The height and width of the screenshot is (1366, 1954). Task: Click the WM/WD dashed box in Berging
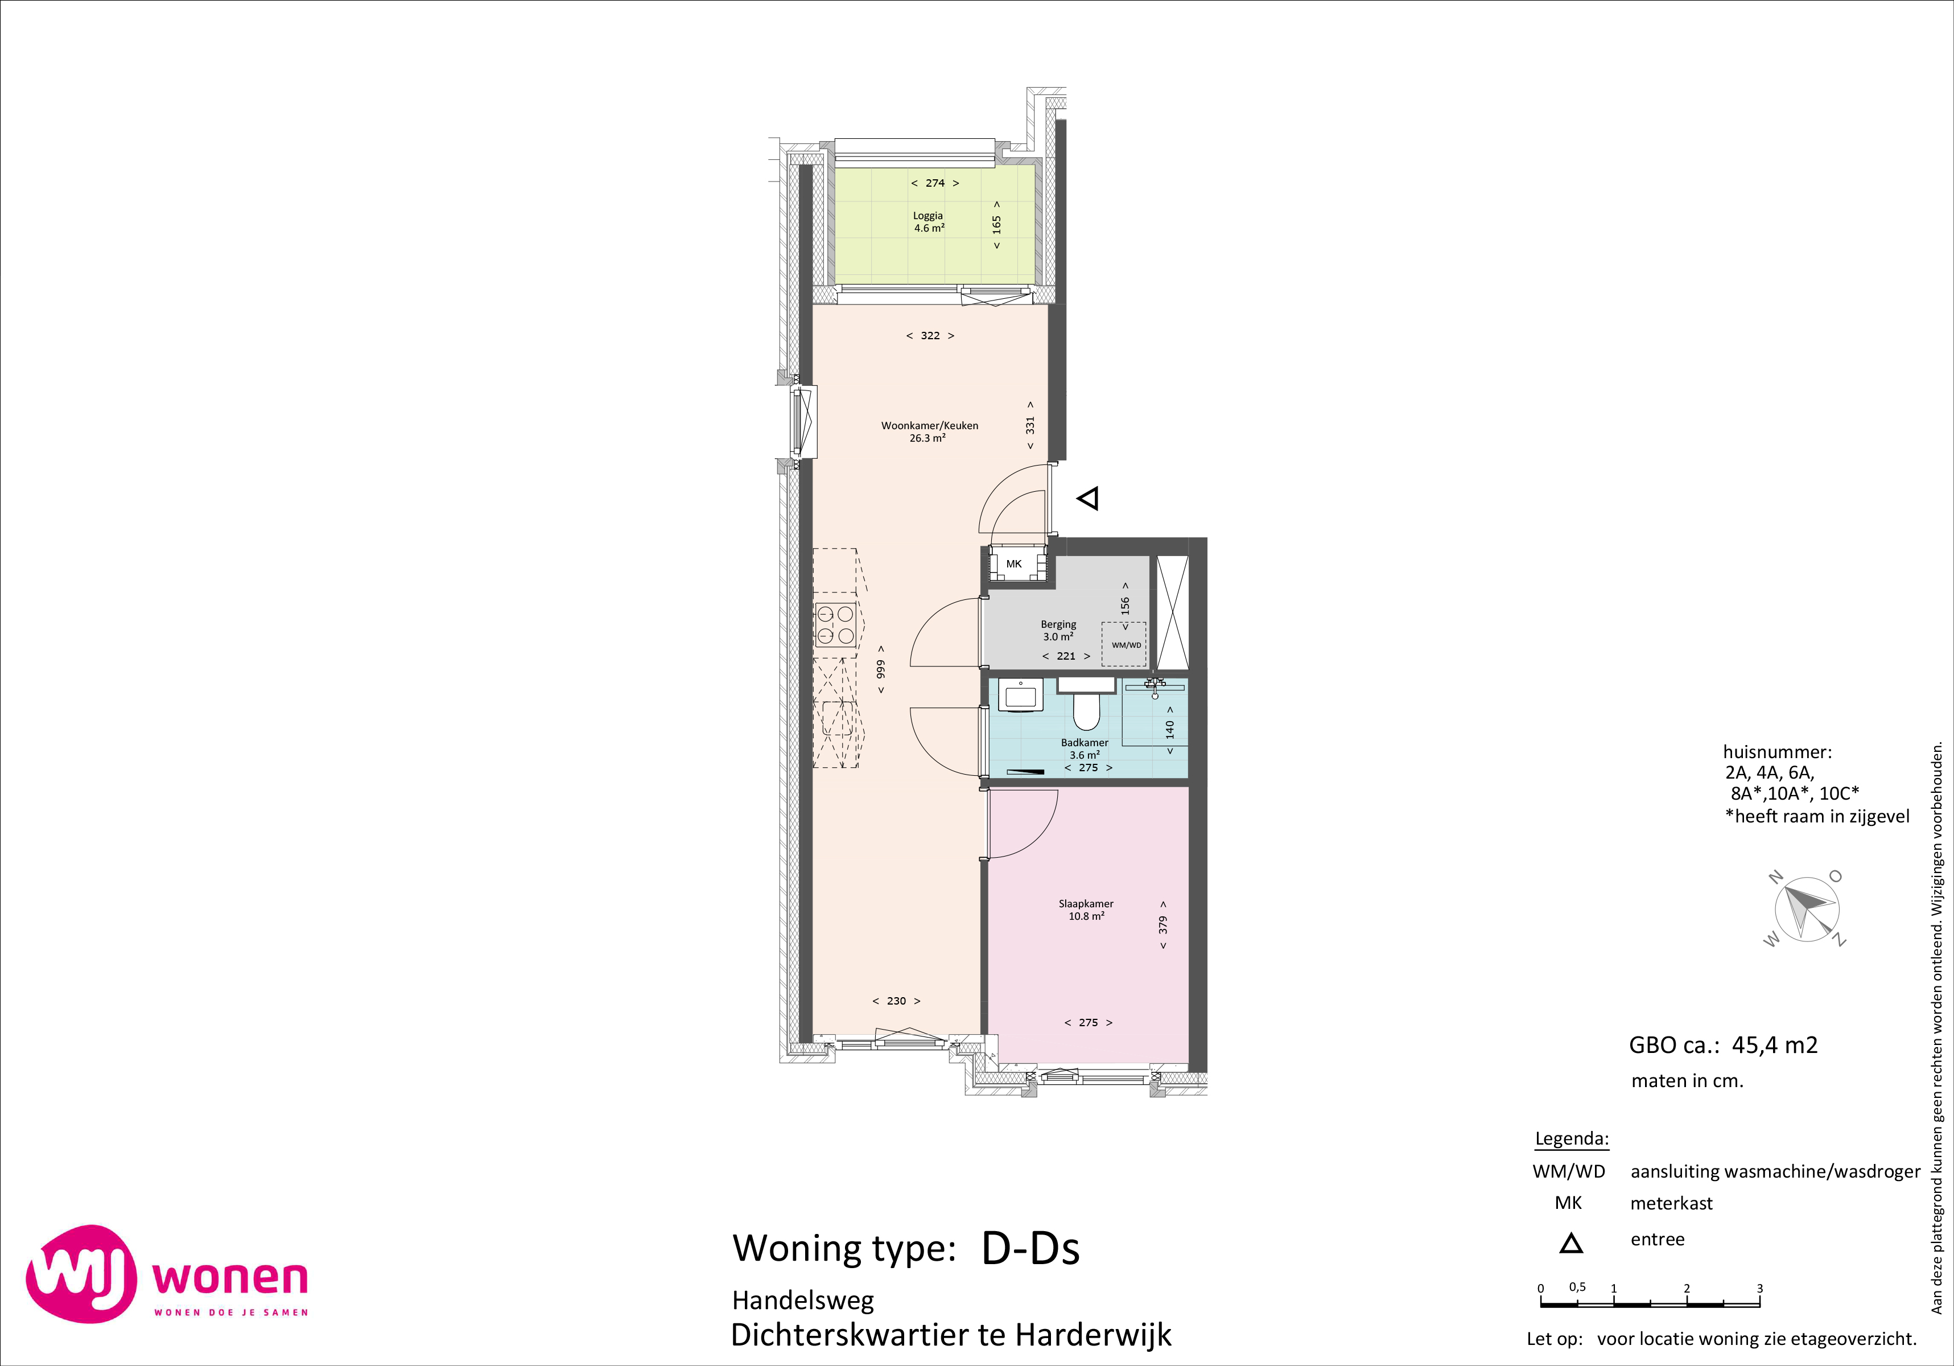point(1124,644)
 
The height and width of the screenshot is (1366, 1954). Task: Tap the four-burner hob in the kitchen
point(836,625)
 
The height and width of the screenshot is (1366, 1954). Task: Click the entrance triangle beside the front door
point(1089,498)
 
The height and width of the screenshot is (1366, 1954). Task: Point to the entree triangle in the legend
point(1571,1244)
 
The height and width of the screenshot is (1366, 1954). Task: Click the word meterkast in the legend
point(1671,1203)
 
